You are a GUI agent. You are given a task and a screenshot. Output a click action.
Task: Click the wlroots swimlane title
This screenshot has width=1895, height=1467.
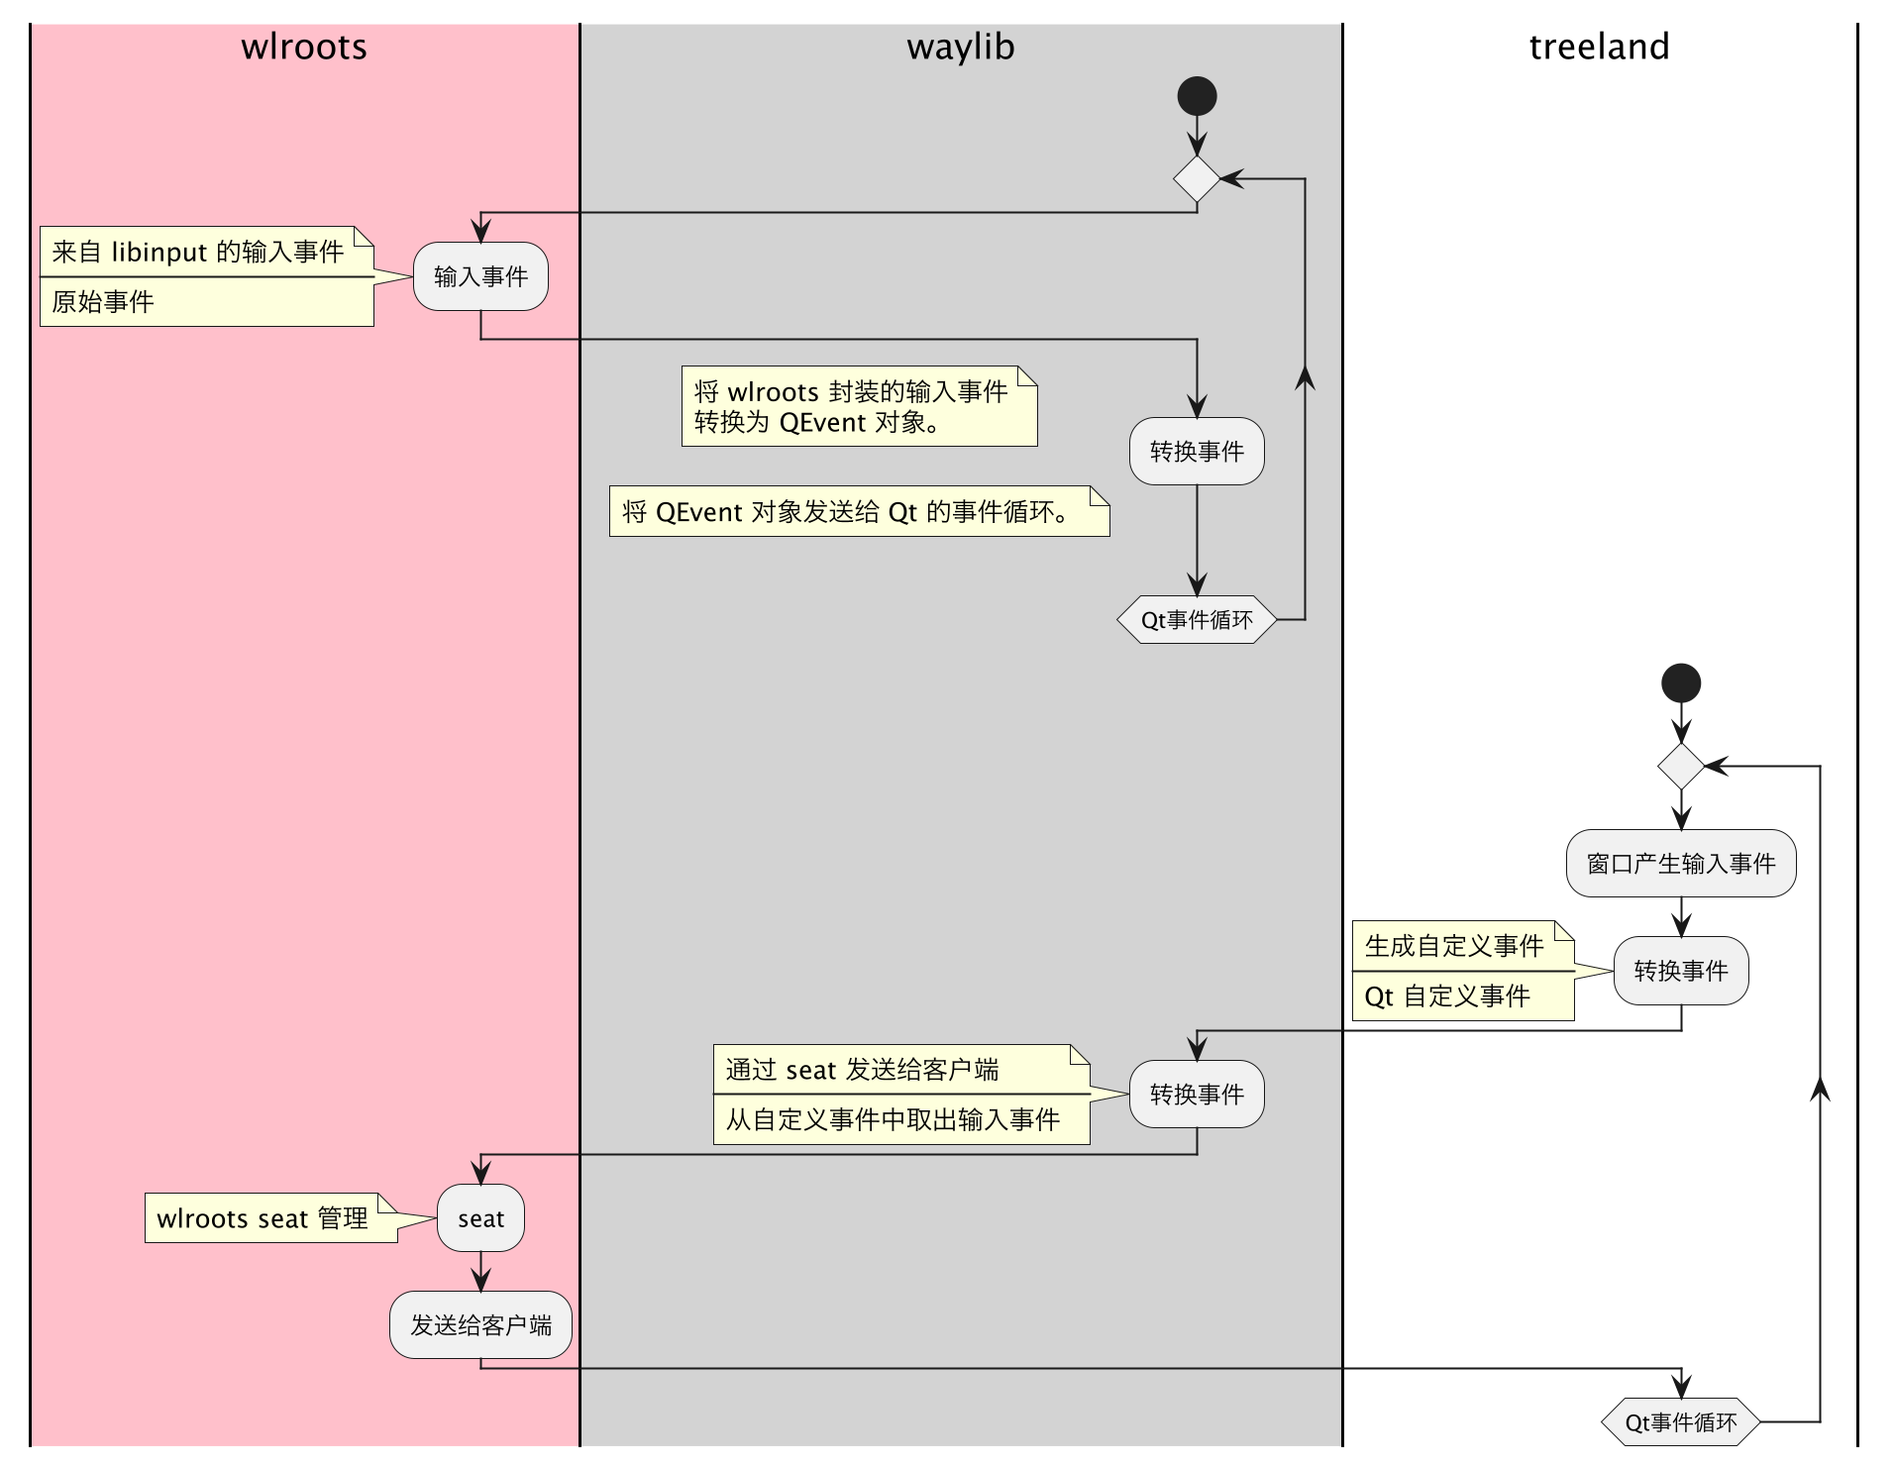coord(304,48)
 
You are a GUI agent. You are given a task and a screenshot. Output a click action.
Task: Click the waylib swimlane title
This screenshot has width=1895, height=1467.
coord(960,48)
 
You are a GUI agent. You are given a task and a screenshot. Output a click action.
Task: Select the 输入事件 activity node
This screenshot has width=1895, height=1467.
coord(480,276)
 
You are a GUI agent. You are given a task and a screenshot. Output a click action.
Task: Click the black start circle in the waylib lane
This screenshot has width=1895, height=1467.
coord(1197,96)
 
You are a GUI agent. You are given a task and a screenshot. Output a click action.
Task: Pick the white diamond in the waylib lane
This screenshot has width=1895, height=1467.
coord(1197,179)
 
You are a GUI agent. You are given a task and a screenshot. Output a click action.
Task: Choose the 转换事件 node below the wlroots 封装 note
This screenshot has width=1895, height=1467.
coord(1197,452)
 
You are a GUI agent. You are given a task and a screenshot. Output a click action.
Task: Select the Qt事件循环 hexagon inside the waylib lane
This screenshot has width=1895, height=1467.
coord(1197,620)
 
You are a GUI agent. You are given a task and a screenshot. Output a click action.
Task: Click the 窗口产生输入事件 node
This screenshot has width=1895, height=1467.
coord(1680,864)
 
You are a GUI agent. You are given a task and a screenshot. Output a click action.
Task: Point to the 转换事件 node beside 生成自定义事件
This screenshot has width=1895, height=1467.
coord(1680,971)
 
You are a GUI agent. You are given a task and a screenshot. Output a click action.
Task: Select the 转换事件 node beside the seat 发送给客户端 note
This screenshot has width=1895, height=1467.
coord(1197,1094)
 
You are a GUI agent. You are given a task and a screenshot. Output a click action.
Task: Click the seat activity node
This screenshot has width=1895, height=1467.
coord(480,1218)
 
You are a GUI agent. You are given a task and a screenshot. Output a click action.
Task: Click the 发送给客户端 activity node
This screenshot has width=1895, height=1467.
coord(480,1325)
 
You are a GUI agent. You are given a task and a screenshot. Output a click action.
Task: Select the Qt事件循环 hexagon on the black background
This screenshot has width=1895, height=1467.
coord(1680,1423)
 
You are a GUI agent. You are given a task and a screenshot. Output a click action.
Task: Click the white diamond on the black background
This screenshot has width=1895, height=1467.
coord(1680,767)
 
